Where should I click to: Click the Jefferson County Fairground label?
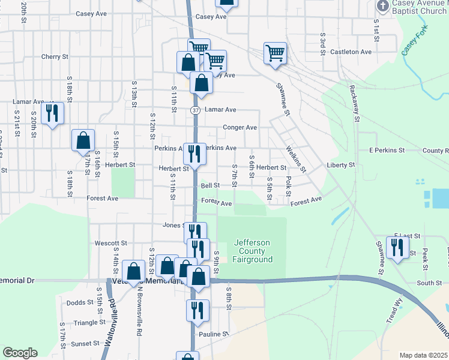click(x=253, y=251)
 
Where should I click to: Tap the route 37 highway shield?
click(x=196, y=110)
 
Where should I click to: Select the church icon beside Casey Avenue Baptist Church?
click(x=382, y=5)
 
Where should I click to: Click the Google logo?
click(x=19, y=352)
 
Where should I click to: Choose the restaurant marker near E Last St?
click(x=397, y=247)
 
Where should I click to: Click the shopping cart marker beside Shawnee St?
click(x=275, y=52)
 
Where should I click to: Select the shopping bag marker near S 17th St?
click(x=83, y=140)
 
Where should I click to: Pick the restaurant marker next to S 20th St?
click(x=53, y=112)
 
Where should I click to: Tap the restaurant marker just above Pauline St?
click(x=197, y=310)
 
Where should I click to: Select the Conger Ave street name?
click(x=240, y=127)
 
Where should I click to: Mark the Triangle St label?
click(x=89, y=322)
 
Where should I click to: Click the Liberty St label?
click(x=341, y=164)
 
